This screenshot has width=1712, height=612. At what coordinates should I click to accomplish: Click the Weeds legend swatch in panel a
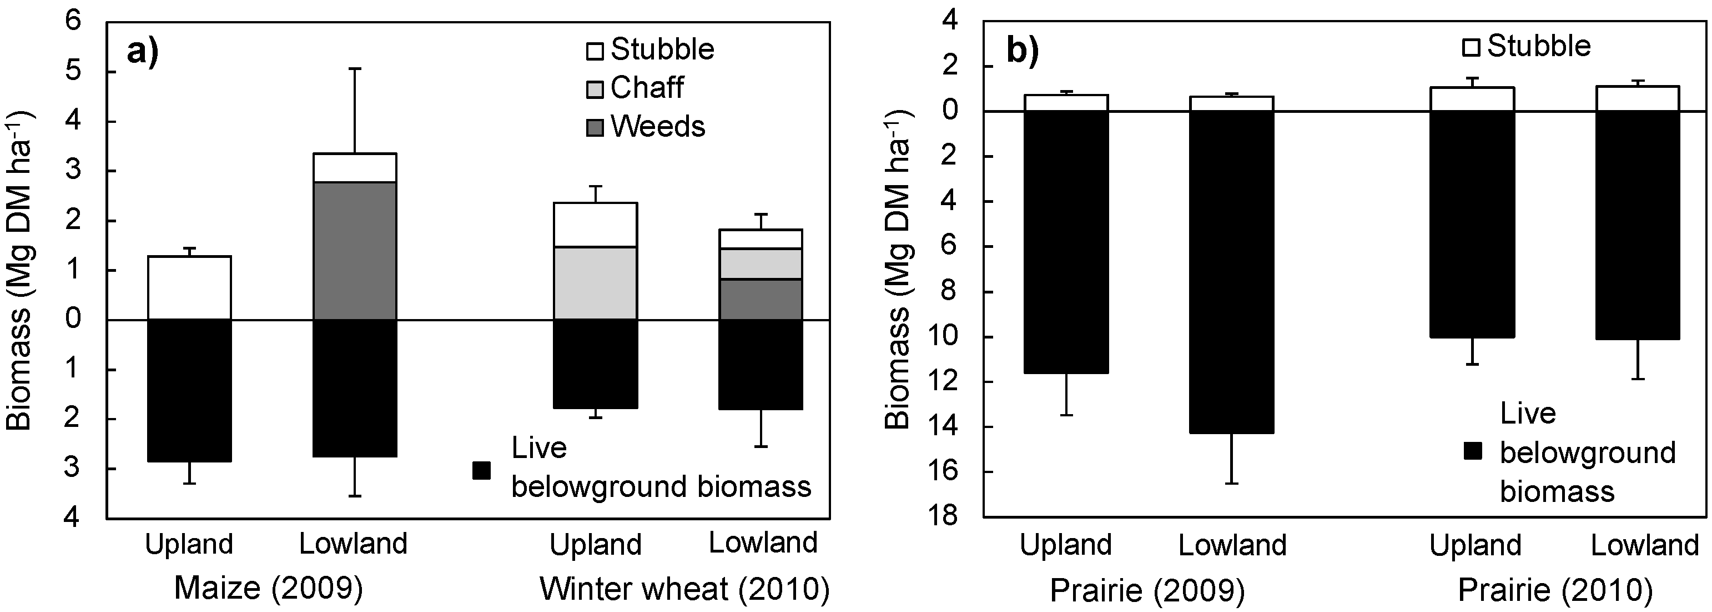point(595,127)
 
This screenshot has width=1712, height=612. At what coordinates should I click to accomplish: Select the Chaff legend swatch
point(595,88)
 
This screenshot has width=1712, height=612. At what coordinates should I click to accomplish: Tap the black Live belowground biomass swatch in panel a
point(481,470)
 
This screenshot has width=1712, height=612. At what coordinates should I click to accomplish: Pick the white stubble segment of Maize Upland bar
point(189,287)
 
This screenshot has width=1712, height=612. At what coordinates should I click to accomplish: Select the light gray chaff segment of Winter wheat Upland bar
point(596,283)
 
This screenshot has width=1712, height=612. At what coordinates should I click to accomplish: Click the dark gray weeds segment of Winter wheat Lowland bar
point(761,300)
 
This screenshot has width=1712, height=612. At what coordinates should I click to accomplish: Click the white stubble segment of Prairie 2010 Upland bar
point(1472,99)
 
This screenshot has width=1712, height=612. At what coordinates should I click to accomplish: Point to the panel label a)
point(142,51)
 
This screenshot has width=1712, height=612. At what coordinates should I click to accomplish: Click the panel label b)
point(1022,51)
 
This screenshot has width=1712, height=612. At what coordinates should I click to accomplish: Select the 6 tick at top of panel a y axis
point(73,21)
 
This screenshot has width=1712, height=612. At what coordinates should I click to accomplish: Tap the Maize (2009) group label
point(269,589)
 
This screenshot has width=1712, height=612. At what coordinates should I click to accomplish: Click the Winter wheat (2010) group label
point(684,589)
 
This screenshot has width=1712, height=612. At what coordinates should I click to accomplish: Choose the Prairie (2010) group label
point(1555,589)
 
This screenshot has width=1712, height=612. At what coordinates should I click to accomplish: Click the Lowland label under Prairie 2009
point(1232,545)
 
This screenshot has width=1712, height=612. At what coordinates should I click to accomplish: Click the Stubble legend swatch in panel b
point(1472,47)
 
